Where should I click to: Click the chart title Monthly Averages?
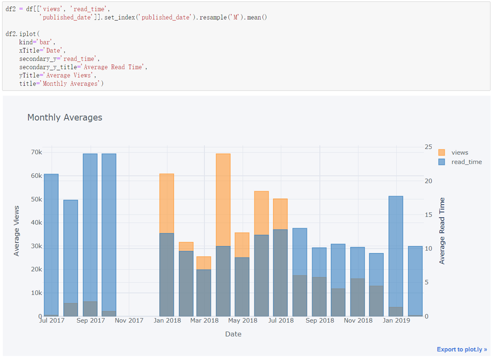tap(65, 118)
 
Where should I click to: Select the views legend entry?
tap(459, 152)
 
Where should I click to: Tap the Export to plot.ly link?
tap(462, 349)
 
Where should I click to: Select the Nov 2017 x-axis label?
tap(129, 320)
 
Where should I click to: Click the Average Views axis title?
tap(17, 230)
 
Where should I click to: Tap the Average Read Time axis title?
tap(442, 230)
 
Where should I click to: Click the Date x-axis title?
tap(233, 334)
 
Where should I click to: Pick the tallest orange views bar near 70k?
tap(223, 193)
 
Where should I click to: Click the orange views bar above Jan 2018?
tap(167, 202)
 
